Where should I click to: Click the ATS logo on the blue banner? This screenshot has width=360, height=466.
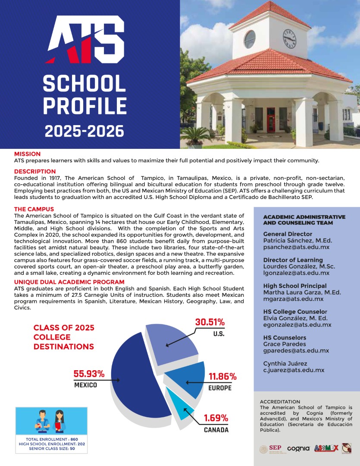(x=85, y=39)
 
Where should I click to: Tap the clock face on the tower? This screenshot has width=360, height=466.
(x=289, y=38)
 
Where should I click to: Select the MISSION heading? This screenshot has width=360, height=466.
(x=27, y=154)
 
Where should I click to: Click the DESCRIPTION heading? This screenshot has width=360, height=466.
(x=35, y=171)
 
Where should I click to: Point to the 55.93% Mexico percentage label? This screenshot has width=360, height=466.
(x=89, y=374)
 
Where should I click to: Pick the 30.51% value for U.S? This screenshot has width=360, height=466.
(x=210, y=322)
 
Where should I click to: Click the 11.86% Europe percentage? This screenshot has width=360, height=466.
(x=222, y=376)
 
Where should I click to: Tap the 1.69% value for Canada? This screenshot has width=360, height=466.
(x=216, y=418)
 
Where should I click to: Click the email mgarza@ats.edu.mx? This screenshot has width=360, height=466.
(x=293, y=299)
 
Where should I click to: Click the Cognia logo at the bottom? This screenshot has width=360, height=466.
(x=298, y=448)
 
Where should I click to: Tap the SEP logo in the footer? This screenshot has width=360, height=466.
(x=271, y=449)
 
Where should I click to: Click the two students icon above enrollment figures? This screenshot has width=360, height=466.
(x=51, y=421)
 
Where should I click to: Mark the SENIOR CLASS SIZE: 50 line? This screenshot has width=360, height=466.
(x=52, y=449)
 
